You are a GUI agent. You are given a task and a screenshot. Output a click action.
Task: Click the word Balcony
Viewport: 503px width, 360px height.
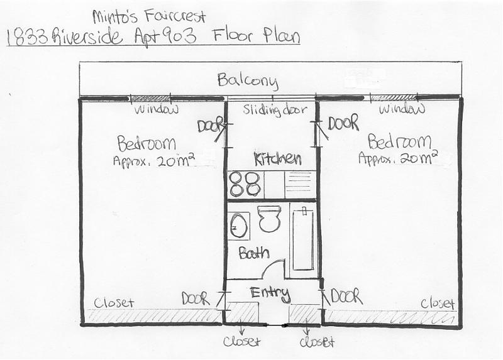247,82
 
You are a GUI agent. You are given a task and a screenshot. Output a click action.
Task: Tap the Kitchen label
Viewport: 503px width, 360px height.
278,158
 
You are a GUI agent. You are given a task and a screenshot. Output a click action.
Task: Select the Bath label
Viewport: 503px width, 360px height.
254,253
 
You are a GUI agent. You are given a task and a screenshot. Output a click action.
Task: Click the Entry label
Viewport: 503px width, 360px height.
270,294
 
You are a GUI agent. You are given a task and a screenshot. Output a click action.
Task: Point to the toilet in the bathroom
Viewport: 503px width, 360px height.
269,218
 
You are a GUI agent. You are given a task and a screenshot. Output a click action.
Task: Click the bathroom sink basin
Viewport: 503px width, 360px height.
239,226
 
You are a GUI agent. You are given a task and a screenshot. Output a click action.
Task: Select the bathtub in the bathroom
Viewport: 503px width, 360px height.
303,239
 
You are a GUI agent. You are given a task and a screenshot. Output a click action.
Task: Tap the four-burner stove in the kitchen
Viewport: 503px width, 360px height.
245,184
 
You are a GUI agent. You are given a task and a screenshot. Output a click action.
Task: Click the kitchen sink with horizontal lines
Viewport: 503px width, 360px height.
298,184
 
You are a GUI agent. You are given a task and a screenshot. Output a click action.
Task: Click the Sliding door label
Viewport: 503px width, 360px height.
275,110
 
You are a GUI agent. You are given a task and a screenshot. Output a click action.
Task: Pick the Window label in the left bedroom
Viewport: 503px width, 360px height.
156,110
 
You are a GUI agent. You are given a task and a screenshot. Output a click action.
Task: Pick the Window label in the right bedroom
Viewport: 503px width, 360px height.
402,109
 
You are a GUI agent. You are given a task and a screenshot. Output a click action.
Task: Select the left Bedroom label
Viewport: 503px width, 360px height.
146,143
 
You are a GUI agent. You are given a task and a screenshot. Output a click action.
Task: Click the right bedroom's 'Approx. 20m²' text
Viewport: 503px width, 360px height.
398,158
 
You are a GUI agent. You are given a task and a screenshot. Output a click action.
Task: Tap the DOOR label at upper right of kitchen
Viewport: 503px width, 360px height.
343,123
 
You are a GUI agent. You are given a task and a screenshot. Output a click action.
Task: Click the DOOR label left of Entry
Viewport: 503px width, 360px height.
196,299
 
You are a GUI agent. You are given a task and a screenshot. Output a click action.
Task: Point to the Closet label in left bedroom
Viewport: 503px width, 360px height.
114,303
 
